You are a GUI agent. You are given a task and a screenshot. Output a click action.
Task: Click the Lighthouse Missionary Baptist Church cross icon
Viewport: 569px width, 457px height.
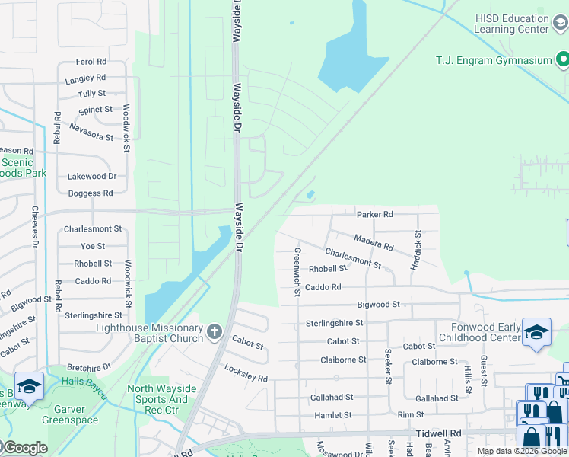[215, 331]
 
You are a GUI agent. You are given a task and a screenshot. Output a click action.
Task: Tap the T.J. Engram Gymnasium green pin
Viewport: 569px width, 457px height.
[562, 59]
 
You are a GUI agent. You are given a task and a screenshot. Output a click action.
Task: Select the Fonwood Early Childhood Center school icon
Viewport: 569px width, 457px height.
[536, 332]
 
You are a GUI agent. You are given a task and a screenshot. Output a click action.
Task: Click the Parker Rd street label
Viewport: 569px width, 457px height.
[374, 215]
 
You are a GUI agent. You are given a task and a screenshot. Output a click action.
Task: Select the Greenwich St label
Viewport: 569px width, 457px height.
[297, 266]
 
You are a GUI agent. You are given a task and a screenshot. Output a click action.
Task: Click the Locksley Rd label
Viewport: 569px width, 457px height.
[246, 372]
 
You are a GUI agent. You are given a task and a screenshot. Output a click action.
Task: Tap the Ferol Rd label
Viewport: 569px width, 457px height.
[91, 62]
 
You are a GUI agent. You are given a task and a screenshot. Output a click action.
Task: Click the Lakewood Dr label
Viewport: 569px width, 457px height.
[91, 176]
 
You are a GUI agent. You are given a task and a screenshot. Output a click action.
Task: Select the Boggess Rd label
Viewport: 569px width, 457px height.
[90, 193]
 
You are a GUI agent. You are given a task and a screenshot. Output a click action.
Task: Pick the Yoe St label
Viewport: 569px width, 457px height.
[93, 246]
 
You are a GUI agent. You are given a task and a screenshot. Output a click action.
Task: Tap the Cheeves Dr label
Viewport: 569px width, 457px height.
[35, 227]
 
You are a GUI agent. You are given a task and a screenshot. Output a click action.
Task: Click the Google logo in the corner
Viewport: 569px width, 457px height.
[24, 448]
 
